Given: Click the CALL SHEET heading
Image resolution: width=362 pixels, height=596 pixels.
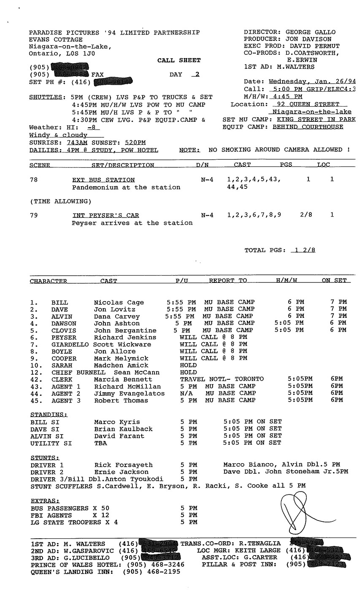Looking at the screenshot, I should [179, 60].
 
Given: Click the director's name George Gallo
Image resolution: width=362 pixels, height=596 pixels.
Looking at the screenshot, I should [311, 32].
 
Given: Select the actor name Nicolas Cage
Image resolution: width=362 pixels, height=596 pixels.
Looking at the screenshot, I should [119, 302].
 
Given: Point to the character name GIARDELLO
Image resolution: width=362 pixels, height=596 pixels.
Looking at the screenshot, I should [70, 344].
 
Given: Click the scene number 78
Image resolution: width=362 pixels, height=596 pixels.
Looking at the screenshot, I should [34, 180].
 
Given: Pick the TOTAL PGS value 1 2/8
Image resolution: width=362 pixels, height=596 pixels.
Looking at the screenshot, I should [303, 250].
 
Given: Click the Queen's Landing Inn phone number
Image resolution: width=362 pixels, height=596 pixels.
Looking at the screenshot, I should [151, 572].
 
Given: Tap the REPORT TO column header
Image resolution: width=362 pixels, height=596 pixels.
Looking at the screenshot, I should [228, 280].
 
